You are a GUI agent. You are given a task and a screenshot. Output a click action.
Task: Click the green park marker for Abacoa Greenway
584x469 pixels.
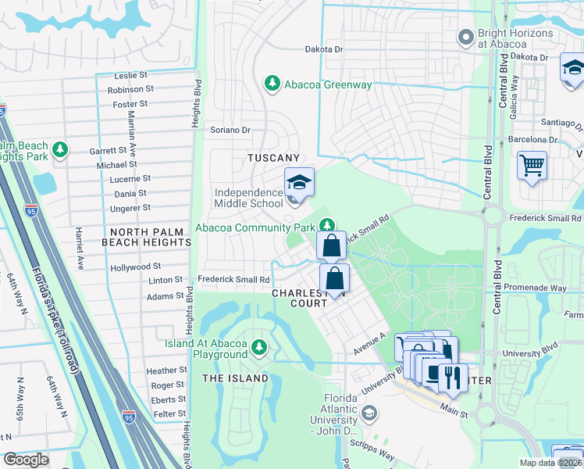[x=272, y=84]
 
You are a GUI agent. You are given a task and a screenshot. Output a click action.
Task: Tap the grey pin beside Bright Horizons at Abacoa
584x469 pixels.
[x=466, y=37]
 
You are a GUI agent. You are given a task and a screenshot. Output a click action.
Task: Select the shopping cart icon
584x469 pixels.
[x=532, y=166]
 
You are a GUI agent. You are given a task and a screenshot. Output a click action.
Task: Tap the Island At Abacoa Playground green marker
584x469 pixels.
[x=258, y=345]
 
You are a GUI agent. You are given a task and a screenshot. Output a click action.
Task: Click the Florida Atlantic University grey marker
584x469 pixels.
[x=371, y=412]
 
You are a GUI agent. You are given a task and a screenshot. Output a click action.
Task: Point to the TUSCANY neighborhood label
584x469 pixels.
[x=273, y=158]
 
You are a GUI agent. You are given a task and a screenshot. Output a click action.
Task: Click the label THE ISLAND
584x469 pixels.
[x=235, y=378]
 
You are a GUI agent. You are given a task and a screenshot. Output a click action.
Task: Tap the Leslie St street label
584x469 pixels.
[x=131, y=76]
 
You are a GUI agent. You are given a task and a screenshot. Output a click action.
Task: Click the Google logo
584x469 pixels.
[x=26, y=460]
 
